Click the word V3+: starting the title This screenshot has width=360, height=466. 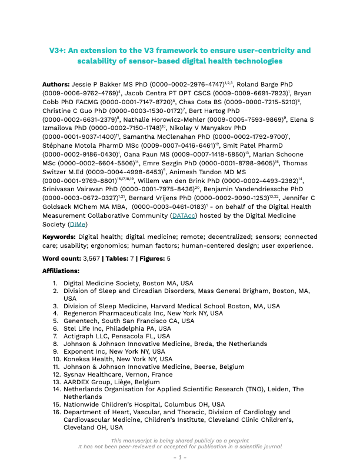click(x=57, y=51)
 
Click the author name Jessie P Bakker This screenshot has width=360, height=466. click(x=103, y=85)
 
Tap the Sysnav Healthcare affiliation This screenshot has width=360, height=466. click(x=92, y=374)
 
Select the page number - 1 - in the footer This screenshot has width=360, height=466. click(x=179, y=457)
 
